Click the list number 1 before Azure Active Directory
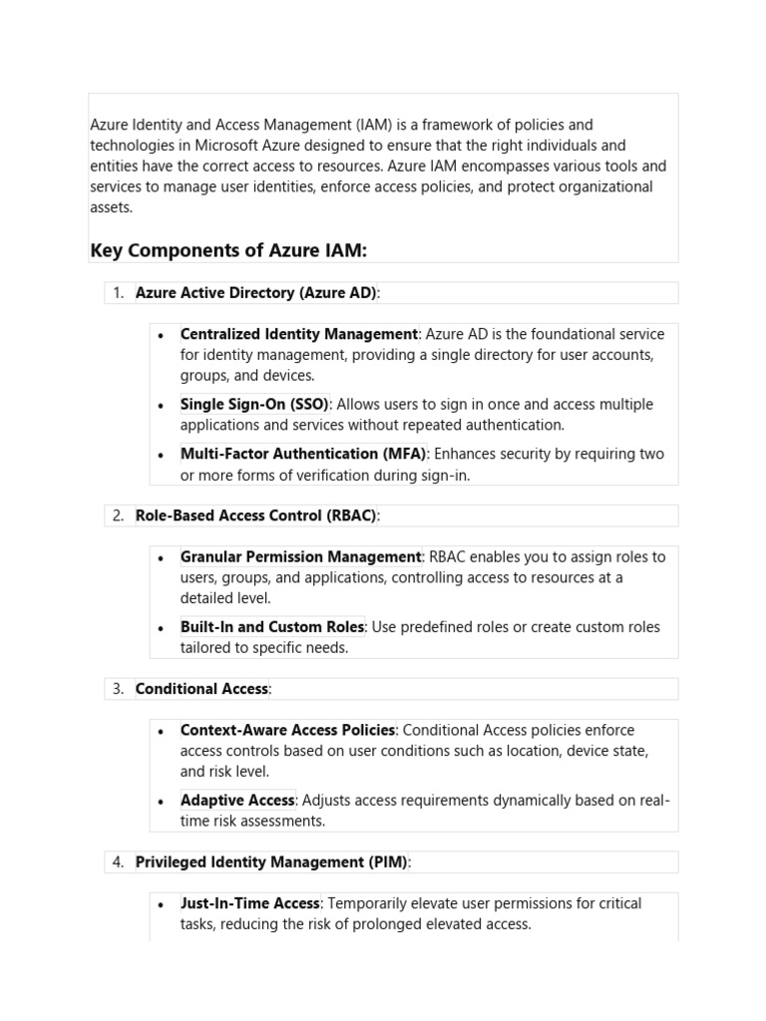118,292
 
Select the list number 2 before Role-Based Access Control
118,515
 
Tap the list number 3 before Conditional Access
118,689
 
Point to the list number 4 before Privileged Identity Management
118,861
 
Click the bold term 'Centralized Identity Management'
299,334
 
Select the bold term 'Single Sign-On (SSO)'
254,404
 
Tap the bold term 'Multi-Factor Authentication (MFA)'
303,454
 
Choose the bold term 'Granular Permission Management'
301,556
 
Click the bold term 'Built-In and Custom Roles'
272,627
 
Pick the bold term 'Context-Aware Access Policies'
287,730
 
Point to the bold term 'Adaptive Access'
237,800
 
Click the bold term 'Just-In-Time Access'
250,903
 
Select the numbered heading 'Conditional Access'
201,689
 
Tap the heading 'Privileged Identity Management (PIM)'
271,861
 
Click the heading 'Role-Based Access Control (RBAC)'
255,515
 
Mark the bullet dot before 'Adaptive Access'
161,801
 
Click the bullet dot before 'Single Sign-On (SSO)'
161,405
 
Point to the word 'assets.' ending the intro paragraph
111,207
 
